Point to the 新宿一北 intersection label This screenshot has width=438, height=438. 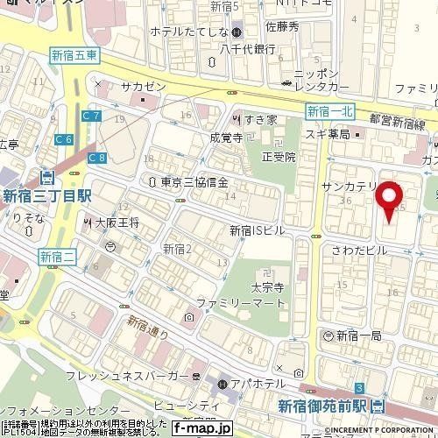pos(330,110)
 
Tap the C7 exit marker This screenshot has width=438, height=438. pos(91,115)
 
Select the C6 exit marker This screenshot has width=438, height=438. pos(62,138)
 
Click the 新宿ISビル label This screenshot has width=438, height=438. pos(257,230)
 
